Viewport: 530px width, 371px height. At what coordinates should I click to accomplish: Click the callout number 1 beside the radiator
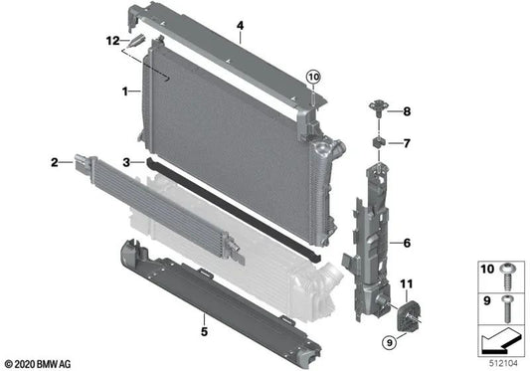tap(124, 92)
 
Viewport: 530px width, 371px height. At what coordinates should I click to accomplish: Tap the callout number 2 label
tap(53, 159)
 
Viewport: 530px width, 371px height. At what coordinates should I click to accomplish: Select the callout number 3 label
tap(126, 161)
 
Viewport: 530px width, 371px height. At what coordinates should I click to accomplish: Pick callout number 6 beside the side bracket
tap(405, 242)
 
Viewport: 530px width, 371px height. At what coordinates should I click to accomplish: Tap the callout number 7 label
tap(406, 144)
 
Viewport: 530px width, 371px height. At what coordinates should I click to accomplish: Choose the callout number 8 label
tap(406, 111)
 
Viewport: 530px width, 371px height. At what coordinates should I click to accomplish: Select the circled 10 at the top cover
tap(314, 77)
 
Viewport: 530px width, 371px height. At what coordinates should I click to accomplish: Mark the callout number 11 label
tap(405, 286)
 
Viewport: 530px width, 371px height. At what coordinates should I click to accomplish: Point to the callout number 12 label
tap(112, 41)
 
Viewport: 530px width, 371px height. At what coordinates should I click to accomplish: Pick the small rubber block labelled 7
tap(379, 144)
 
